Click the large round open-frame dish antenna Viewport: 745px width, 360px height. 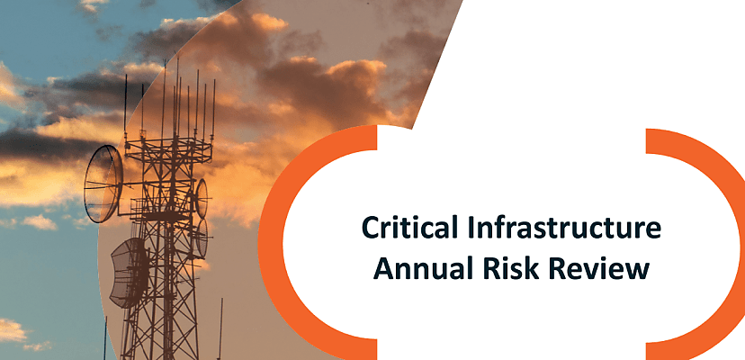tap(103, 184)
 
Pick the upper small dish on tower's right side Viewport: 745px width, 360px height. tap(202, 197)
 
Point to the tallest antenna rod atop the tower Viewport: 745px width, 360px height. tap(176, 90)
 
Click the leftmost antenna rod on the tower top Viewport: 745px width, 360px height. tap(126, 103)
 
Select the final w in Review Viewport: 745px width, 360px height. tap(638, 268)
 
